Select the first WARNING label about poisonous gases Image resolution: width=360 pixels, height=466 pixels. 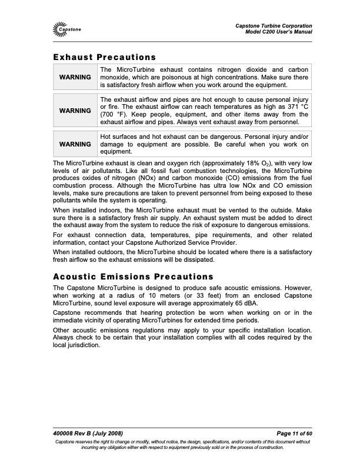tap(75, 77)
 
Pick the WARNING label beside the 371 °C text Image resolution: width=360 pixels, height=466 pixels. tap(75, 111)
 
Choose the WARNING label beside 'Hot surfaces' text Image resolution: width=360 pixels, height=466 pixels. tap(75, 144)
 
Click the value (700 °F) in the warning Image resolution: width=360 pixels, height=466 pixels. tap(114, 115)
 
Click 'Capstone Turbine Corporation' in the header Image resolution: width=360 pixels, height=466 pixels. tap(274, 25)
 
